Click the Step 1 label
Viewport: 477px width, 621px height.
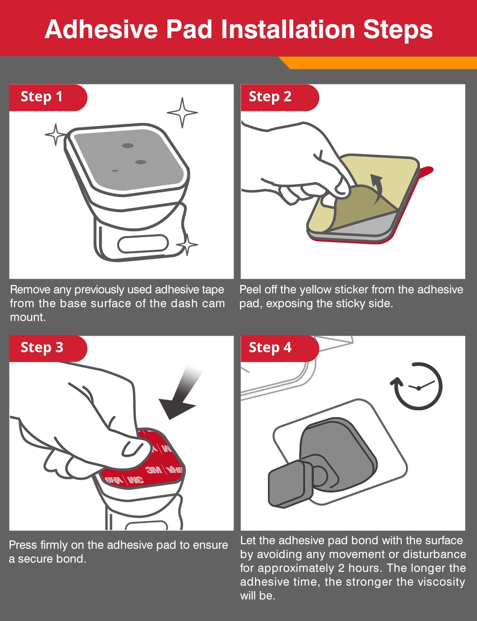tap(41, 96)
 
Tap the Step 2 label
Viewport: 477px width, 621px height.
tap(270, 96)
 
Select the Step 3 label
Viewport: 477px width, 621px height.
tap(42, 347)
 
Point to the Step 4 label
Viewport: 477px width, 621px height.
tap(270, 347)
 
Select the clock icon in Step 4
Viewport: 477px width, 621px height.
tap(416, 386)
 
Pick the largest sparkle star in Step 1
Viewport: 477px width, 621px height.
tap(182, 113)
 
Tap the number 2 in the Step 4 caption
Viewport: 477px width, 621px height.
tap(341, 568)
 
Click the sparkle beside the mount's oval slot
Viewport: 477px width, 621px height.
tap(187, 245)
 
